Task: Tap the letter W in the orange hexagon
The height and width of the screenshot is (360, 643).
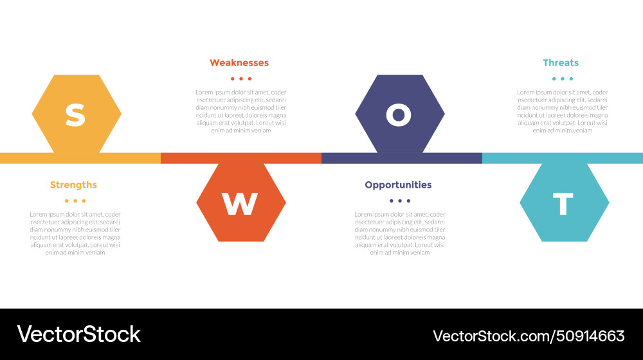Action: click(x=240, y=204)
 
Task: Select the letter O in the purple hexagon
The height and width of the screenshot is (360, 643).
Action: click(x=399, y=114)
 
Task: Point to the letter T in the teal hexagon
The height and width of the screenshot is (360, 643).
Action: click(x=563, y=204)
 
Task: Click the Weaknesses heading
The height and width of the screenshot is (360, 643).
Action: click(x=239, y=63)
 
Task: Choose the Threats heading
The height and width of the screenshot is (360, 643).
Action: click(x=561, y=63)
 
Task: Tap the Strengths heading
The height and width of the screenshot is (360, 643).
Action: click(x=73, y=185)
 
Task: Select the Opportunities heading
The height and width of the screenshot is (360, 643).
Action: click(x=398, y=185)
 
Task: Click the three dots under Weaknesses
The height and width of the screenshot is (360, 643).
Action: click(x=240, y=79)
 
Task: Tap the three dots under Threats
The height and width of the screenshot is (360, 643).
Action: click(x=562, y=79)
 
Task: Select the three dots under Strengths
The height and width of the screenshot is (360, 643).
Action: click(x=75, y=201)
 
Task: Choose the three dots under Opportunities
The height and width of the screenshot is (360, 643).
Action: click(x=399, y=201)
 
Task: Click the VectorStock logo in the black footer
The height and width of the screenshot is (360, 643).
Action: click(x=78, y=334)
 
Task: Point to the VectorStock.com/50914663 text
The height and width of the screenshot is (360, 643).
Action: click(x=529, y=336)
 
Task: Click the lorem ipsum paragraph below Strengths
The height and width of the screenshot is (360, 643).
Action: click(x=75, y=233)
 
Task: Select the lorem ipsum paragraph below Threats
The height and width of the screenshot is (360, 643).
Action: click(x=562, y=111)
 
